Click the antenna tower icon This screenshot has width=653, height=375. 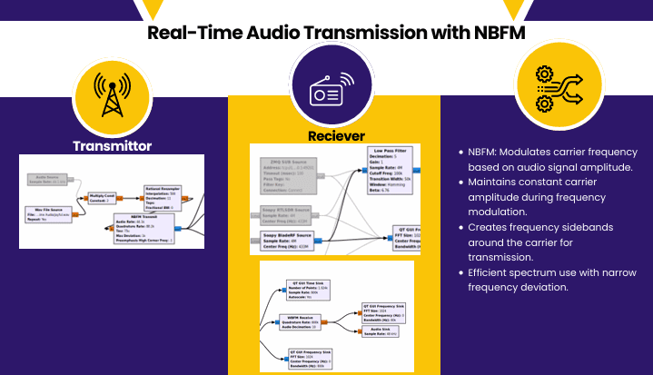pyautogui.click(x=112, y=94)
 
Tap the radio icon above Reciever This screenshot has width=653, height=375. pyautogui.click(x=328, y=91)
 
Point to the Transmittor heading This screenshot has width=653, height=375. pyautogui.click(x=112, y=145)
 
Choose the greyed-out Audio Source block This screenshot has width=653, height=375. pyautogui.click(x=49, y=180)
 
